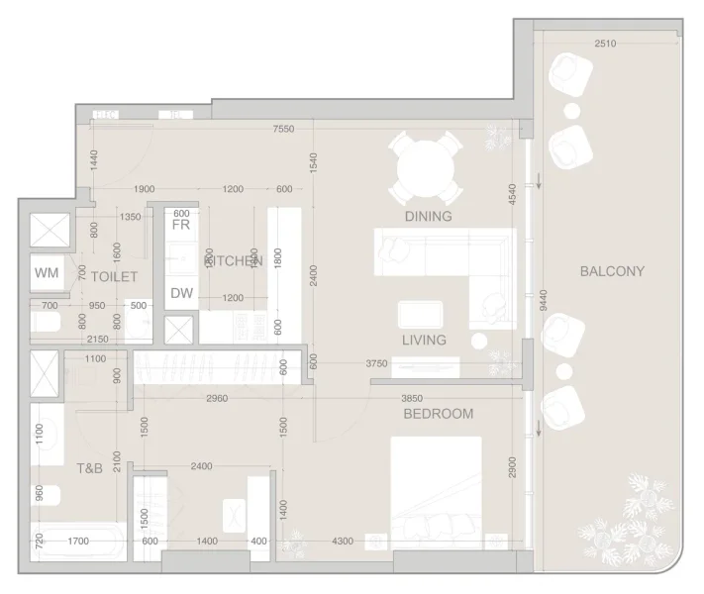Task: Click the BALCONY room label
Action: click(612, 271)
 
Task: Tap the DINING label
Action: click(428, 216)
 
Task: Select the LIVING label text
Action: click(424, 340)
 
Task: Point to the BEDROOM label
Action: click(438, 414)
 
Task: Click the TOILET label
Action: click(114, 277)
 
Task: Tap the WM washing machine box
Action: click(47, 272)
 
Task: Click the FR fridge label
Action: click(180, 225)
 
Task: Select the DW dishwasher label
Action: click(181, 293)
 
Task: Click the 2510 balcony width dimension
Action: click(606, 44)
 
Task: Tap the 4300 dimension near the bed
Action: click(343, 542)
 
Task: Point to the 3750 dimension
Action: click(376, 364)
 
